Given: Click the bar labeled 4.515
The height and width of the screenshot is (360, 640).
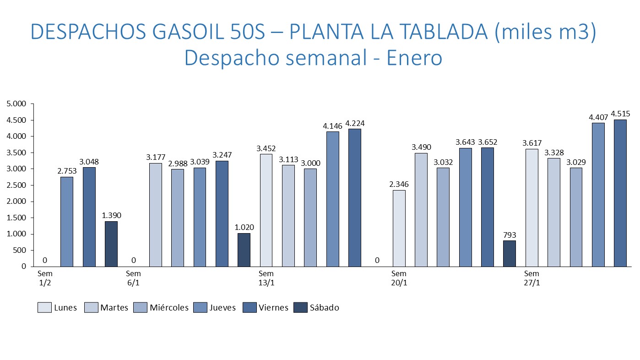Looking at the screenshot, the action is (620, 193).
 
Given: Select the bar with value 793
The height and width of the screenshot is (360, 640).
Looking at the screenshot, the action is (510, 254).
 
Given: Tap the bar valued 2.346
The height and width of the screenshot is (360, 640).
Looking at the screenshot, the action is (399, 229).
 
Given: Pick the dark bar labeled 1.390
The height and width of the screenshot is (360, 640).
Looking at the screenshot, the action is (111, 244).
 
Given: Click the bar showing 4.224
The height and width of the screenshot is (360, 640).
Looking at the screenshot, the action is (355, 198).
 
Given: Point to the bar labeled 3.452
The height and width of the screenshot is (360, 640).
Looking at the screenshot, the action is (266, 210).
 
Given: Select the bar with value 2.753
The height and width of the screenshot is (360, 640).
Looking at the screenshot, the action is (67, 222).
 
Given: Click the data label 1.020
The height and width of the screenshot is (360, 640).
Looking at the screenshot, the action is (244, 227).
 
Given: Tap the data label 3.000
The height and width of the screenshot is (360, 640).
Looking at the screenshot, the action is (310, 163).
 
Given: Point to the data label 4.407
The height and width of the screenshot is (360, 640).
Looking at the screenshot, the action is (598, 118).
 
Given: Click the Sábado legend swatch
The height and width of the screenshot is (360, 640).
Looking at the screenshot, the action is (300, 307).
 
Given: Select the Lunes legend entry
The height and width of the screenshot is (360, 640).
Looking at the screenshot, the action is (57, 307).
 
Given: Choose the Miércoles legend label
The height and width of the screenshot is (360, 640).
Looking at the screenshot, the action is (169, 307).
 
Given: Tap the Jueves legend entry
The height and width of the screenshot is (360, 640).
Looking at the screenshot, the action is (215, 307).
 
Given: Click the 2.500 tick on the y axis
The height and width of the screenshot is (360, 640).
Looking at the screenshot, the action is (16, 185).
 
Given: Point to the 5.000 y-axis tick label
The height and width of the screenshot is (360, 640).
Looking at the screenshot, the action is (16, 104).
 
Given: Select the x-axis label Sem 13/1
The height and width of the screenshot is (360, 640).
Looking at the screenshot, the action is (266, 278).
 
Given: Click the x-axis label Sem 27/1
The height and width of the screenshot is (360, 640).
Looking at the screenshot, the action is (532, 278).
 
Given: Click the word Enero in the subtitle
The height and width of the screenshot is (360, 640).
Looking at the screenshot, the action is (415, 58).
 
